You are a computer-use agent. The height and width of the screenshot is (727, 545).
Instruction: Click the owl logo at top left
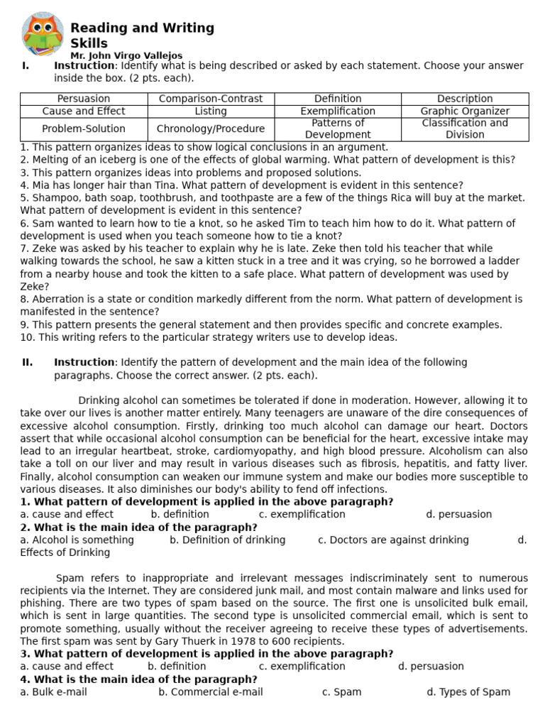coord(42,34)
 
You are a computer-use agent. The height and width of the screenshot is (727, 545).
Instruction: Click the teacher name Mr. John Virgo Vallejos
coord(126,55)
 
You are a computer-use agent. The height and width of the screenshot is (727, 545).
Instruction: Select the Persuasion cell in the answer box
coord(84,99)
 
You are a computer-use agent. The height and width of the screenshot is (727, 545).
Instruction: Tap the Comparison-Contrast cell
coord(211,99)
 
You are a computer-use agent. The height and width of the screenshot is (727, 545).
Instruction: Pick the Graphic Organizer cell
coord(465,111)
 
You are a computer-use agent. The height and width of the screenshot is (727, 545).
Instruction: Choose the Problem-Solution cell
coord(84,129)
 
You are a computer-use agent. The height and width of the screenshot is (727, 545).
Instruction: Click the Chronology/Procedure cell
coord(211,129)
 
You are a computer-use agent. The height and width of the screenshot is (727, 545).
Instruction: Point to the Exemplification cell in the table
coord(338,111)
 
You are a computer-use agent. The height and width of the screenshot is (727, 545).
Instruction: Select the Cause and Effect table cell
coord(84,111)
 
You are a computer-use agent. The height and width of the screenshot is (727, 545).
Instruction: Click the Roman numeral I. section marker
coord(26,66)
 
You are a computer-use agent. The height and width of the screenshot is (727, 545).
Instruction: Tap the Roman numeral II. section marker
coord(27,363)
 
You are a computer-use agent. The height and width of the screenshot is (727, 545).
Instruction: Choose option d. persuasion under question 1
coord(458,515)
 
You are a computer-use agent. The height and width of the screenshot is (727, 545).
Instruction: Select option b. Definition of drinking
coord(227,540)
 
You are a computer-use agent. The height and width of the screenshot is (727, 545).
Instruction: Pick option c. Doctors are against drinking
coord(393,540)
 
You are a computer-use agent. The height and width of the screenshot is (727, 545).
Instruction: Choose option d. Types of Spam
coord(468,692)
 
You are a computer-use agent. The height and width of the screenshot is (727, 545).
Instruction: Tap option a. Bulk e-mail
coord(53,692)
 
